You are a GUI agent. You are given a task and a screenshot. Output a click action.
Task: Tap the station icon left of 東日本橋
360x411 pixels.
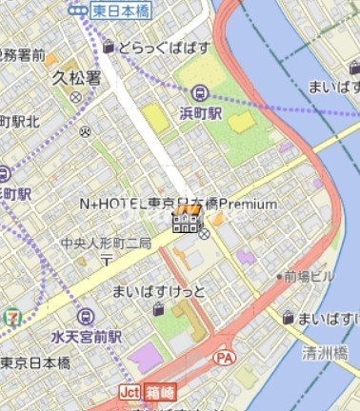pos(77,10)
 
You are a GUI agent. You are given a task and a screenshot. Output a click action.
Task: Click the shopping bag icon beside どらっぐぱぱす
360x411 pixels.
pos(110,46)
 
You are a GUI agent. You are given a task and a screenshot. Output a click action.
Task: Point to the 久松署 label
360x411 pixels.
pos(75,79)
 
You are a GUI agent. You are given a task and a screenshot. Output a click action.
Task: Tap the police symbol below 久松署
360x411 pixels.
pos(75,97)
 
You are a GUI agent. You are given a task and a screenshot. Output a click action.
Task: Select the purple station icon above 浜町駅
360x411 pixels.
pos(200,93)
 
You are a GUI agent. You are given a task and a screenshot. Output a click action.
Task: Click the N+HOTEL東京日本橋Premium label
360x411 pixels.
pos(179,204)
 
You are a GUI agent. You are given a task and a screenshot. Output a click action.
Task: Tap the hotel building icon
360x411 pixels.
pos(186,224)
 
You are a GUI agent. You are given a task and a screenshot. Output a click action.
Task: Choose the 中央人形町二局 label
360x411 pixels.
pos(106,244)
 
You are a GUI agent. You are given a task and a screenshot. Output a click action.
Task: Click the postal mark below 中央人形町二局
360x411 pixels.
pos(107,259)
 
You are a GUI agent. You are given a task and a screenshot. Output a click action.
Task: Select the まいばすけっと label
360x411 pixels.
pos(158,290)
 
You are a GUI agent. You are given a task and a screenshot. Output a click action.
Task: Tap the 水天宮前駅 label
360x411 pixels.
pos(87,337)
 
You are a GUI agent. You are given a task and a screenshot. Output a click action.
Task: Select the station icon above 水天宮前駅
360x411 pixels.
pos(87,318)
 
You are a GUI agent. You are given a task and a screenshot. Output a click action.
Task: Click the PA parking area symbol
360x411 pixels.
pos(225,357)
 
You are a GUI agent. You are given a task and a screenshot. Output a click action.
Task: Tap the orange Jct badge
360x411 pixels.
pos(130,391)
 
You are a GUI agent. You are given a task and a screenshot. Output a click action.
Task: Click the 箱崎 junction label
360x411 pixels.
pos(161,391)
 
